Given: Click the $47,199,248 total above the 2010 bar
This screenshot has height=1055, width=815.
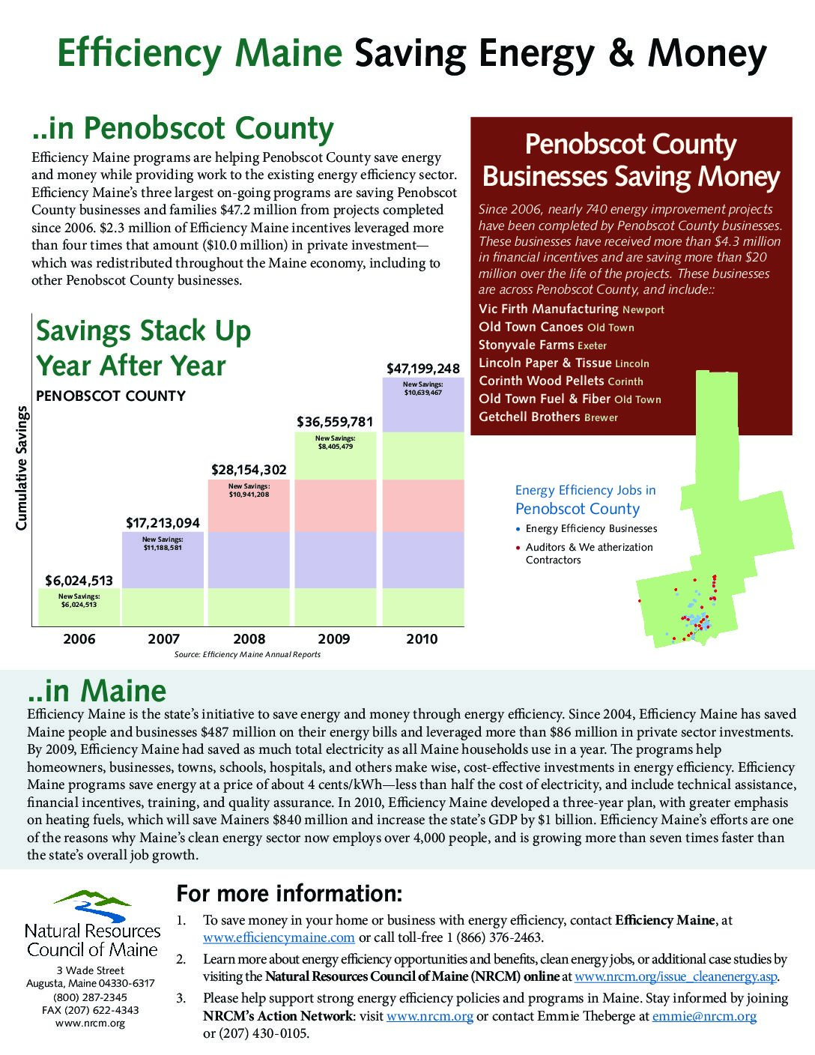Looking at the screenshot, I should point(422,369).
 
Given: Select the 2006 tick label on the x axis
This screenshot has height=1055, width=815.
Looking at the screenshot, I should point(79,639).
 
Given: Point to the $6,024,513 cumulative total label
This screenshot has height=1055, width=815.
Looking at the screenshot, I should point(79,580).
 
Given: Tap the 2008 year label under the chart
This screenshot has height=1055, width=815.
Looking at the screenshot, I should point(249,639).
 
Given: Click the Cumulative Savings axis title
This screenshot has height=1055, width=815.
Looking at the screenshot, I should point(22,468).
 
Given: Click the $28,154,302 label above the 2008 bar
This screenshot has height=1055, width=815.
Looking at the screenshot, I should point(249,470).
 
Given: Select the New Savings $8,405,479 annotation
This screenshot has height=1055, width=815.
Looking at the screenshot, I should point(335,442).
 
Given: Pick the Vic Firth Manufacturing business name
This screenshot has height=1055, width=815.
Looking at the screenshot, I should point(548,309).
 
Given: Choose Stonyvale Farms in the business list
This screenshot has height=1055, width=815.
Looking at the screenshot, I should point(526,345).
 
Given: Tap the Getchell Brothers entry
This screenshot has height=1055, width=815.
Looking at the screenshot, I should point(529,417).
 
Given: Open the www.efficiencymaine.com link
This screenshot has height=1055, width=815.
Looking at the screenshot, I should point(279,937).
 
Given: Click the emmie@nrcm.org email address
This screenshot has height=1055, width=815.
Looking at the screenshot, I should point(704,1016).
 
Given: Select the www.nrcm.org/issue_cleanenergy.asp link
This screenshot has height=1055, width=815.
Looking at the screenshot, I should point(676,977).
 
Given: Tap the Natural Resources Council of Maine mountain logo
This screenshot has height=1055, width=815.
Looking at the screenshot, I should point(92,905).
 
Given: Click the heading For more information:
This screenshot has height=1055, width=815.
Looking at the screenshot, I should point(289,894).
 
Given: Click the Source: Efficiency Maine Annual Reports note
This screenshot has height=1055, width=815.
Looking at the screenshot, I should point(247,655).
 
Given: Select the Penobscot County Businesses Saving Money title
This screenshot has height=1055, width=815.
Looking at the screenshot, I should point(631,160).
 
